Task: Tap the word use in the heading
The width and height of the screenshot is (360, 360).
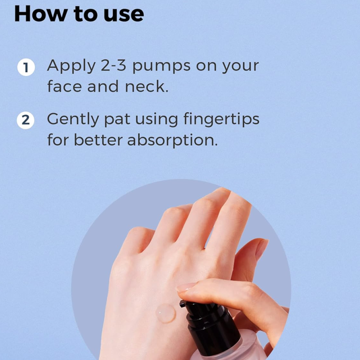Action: coord(124,15)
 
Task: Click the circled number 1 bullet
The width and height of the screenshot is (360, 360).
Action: coord(26,67)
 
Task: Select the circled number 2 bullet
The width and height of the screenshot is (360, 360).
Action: coord(26,120)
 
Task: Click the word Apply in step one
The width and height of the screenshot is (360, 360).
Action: coord(71,66)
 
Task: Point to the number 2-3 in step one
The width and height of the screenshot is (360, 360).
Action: coord(113,65)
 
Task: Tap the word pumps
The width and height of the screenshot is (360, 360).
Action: coord(161,67)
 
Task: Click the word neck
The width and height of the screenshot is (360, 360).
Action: coord(147,86)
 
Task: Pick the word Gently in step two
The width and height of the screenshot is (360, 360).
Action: coord(73,120)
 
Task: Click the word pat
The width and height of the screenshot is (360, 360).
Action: coord(117,120)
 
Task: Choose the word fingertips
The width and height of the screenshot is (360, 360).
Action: coord(221,120)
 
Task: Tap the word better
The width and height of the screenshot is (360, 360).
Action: coord(98,140)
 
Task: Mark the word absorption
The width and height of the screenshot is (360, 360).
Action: coord(172,140)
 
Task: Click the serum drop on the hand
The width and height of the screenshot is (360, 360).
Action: coord(165,313)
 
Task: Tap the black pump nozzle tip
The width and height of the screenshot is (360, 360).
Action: coord(183,304)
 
